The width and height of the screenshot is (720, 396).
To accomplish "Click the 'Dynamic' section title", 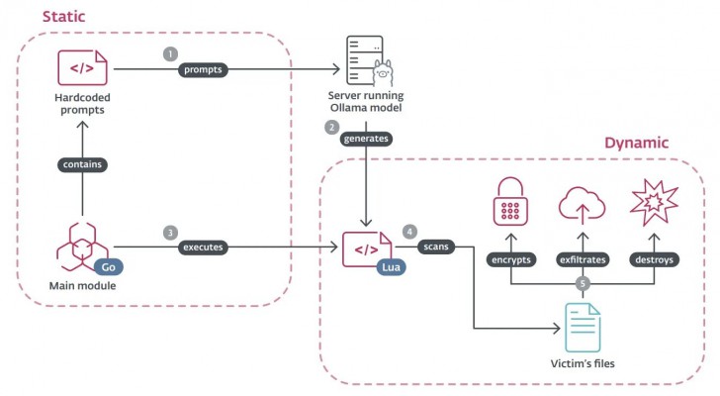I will pyautogui.click(x=638, y=144).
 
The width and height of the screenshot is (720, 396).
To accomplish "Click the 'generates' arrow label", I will pyautogui.click(x=366, y=140).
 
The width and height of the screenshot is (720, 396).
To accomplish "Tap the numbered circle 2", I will pyautogui.click(x=332, y=126).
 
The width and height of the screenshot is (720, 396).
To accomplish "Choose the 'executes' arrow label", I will pyautogui.click(x=204, y=247).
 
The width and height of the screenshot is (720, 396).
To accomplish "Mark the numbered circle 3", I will pyautogui.click(x=170, y=232).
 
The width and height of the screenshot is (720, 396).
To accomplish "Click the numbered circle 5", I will pyautogui.click(x=583, y=283).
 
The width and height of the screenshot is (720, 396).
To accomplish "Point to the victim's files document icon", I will pyautogui.click(x=582, y=326).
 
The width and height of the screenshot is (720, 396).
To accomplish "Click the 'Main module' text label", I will pyautogui.click(x=83, y=286).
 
